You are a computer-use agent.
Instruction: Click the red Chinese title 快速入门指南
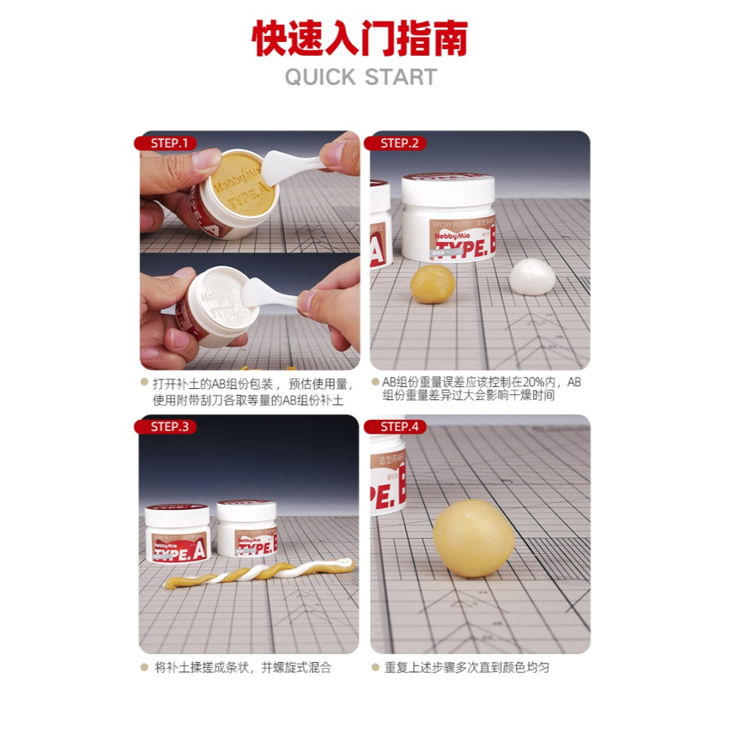360,38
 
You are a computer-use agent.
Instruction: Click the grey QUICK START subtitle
360,77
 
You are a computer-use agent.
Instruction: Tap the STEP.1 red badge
169,143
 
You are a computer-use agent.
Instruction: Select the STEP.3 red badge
169,426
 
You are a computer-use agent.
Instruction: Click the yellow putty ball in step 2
432,283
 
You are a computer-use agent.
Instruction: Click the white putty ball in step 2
532,277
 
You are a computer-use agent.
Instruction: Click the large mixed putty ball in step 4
473,537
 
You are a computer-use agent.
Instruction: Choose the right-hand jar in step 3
247,528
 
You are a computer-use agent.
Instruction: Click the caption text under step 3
242,667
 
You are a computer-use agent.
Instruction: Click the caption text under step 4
466,667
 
